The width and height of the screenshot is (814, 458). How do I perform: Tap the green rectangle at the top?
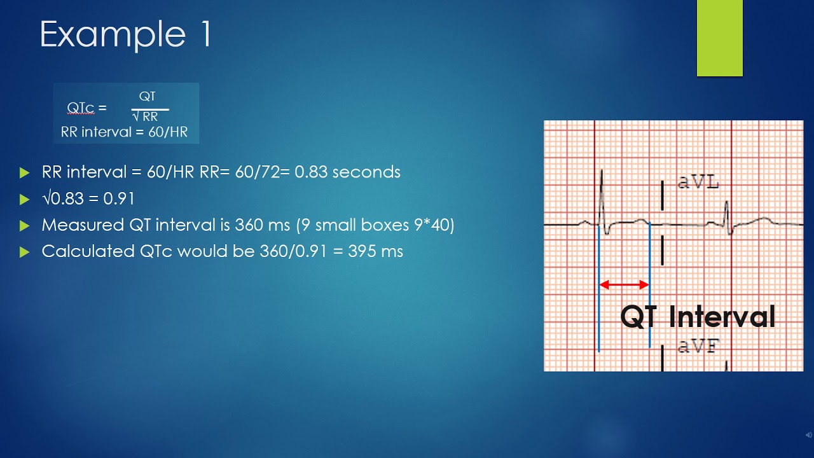point(719,38)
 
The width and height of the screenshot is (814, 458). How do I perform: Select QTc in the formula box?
point(81,108)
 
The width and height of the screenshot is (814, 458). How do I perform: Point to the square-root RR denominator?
point(146,117)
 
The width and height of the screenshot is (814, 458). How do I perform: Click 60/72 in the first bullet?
point(266,172)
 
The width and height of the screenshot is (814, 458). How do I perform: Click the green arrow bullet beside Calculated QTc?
point(25,252)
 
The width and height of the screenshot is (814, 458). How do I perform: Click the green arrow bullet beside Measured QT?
point(25,225)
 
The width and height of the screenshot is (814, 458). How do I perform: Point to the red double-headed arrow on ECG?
point(624,285)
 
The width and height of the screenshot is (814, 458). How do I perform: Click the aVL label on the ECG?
point(698,183)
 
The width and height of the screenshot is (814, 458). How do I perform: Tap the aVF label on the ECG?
point(698,347)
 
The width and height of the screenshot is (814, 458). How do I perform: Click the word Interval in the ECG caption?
point(722,317)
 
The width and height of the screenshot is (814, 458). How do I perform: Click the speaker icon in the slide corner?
point(807,434)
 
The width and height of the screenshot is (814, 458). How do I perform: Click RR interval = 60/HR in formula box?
point(125,133)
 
